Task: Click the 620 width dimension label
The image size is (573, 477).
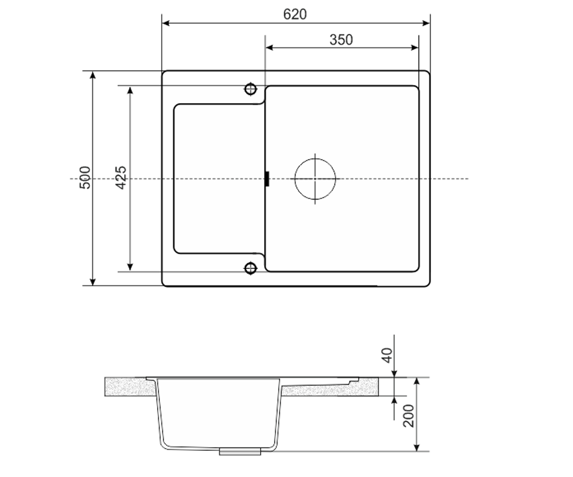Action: click(295, 14)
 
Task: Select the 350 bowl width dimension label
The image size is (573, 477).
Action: click(341, 40)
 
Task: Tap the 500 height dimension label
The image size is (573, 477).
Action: click(85, 177)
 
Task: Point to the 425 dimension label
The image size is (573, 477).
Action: click(121, 177)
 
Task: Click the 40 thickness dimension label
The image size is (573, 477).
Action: click(387, 355)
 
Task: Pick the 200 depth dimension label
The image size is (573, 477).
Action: click(408, 415)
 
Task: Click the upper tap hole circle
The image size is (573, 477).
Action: click(251, 89)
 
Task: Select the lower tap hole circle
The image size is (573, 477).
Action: click(251, 268)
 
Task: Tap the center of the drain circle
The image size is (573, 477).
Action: click(315, 179)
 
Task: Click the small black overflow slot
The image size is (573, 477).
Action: click(267, 179)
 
